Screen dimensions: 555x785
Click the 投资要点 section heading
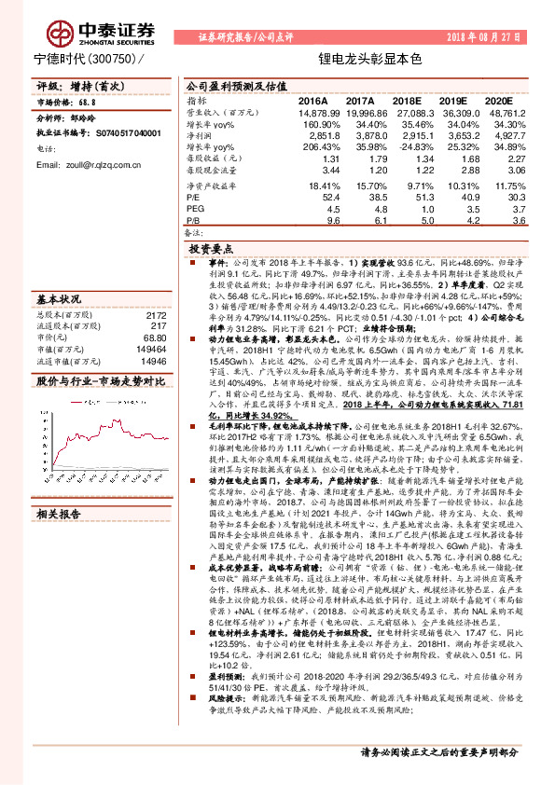tap(211, 251)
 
